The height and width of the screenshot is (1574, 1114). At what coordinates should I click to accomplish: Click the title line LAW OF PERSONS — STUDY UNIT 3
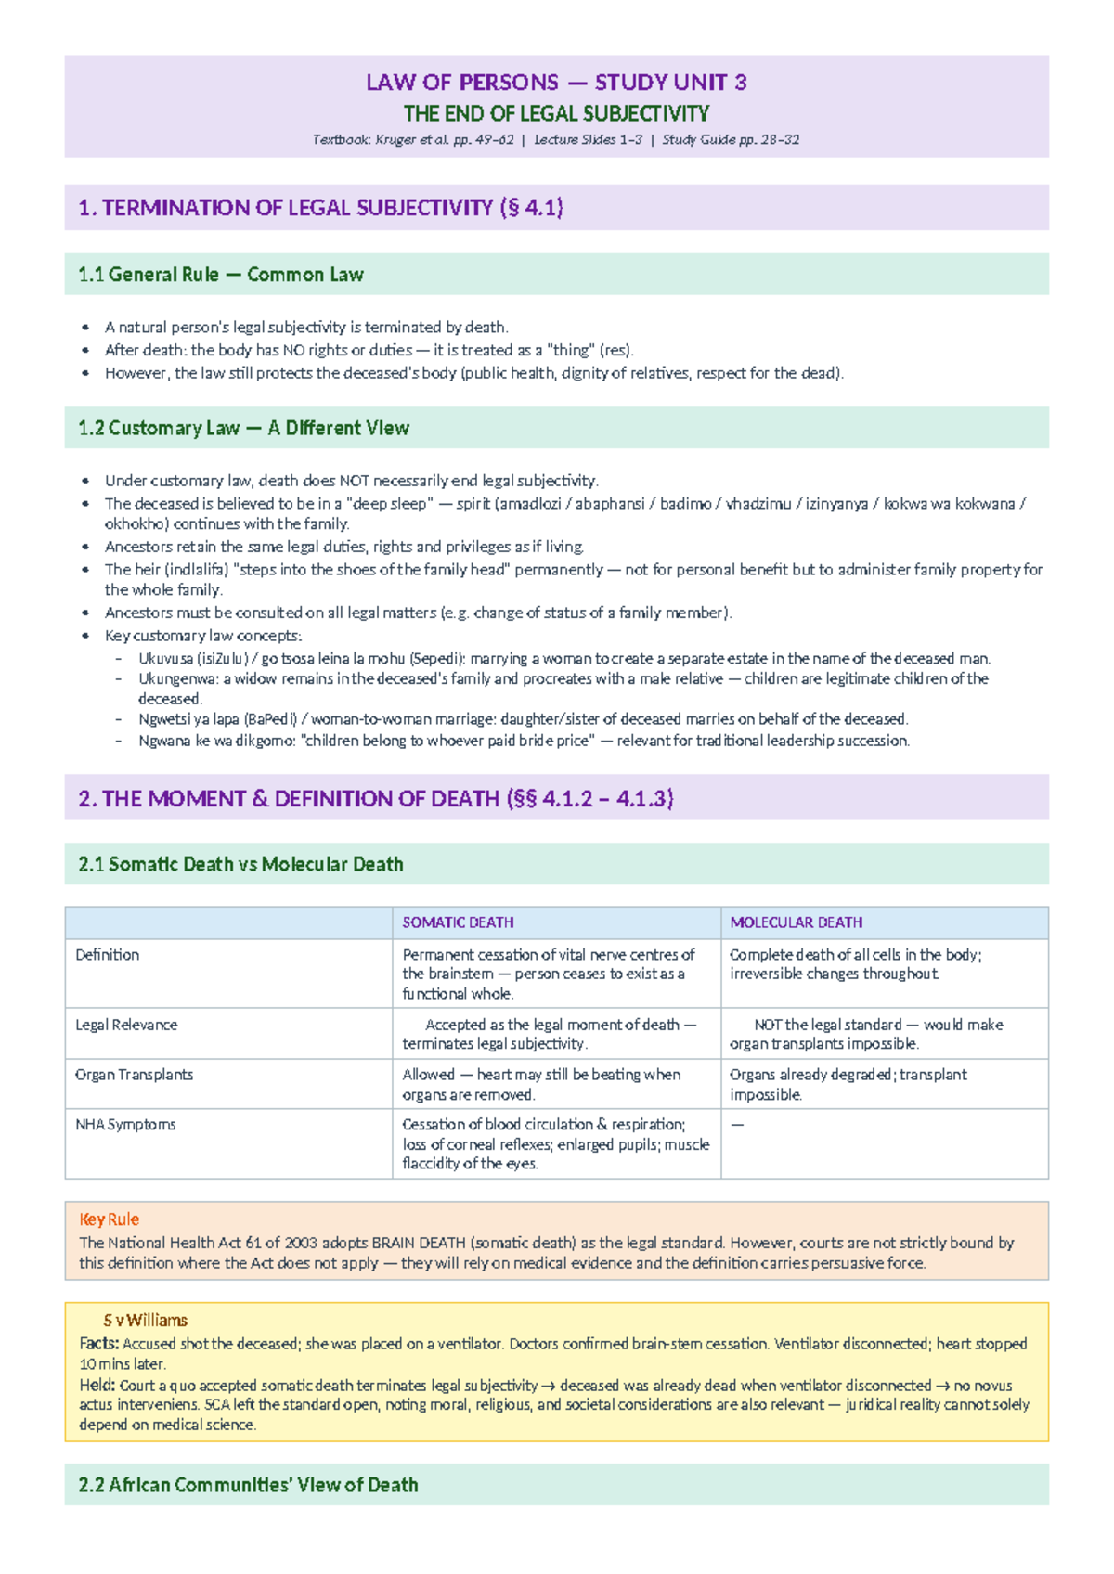pos(556,83)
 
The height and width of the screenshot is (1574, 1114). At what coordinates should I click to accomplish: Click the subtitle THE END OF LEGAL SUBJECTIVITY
pos(556,113)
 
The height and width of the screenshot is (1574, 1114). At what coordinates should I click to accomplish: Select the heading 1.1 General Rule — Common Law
pos(220,275)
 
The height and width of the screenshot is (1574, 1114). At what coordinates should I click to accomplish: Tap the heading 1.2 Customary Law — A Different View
pos(243,428)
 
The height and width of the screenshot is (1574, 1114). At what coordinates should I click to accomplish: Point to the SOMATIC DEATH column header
pos(458,922)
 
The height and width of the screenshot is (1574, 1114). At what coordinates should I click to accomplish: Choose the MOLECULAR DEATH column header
pos(796,922)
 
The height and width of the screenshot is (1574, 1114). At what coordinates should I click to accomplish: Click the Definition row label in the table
pos(107,954)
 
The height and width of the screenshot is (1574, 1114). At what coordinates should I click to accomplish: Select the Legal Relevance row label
pos(126,1025)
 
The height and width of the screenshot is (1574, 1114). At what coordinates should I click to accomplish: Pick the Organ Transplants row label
pos(134,1074)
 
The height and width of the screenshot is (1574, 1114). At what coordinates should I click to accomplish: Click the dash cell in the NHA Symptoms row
pos(737,1124)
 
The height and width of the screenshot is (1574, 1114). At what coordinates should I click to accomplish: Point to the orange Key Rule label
pos(109,1219)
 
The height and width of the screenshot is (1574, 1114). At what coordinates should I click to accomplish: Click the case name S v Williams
pos(145,1320)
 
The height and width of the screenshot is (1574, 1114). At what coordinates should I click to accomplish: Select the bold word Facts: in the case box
pos(98,1343)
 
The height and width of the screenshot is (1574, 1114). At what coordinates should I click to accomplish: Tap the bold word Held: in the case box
pos(97,1385)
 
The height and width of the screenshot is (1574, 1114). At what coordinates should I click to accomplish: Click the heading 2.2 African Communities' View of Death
pos(248,1485)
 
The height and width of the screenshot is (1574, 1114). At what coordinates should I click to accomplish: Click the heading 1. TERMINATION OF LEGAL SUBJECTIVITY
pos(320,208)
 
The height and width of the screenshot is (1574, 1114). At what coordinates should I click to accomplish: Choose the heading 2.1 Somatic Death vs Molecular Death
pos(240,864)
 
